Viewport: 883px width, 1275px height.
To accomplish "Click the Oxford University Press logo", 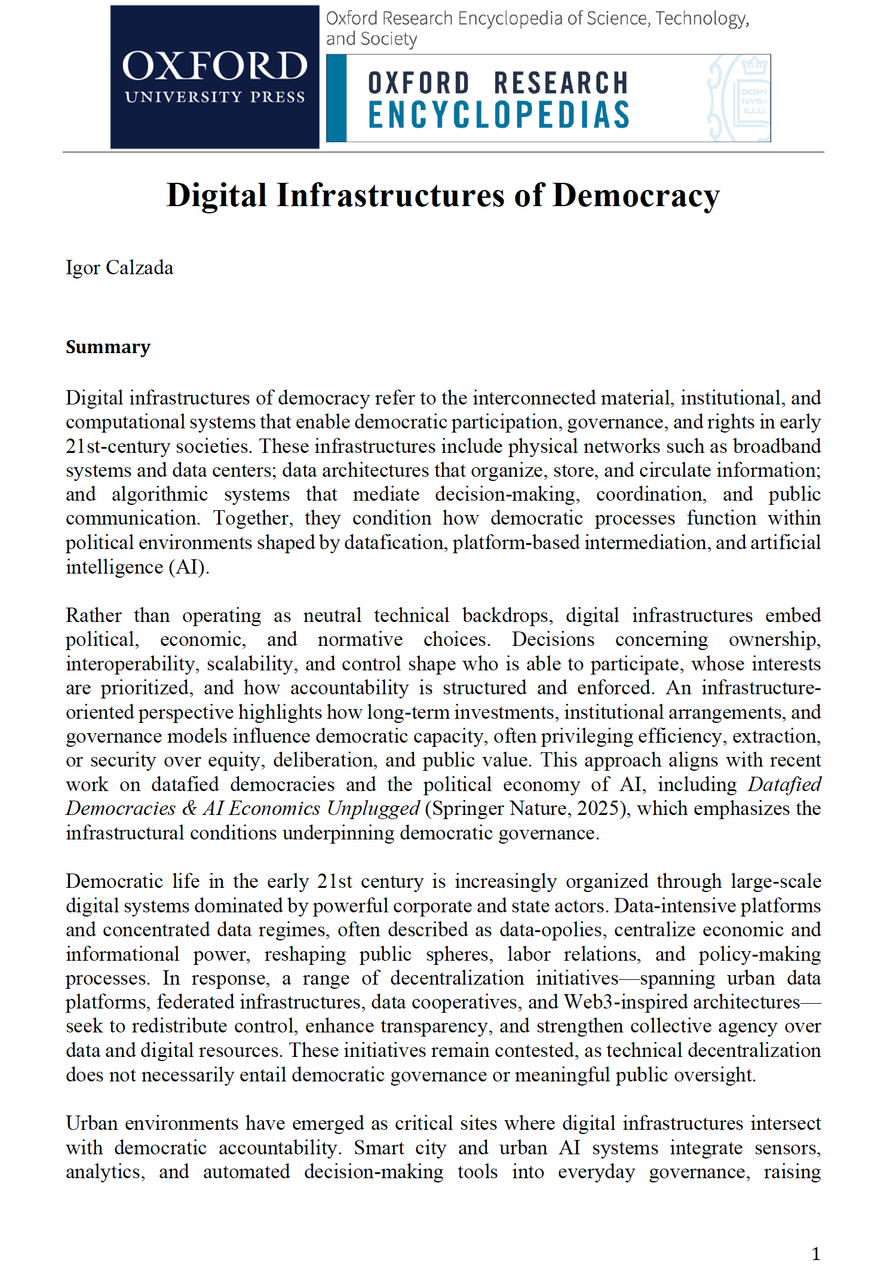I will click(214, 76).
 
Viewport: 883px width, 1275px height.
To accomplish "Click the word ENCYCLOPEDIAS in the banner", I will click(499, 115).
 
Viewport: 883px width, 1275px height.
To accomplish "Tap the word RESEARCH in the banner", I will click(561, 83).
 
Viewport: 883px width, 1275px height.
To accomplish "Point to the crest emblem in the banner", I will click(740, 98).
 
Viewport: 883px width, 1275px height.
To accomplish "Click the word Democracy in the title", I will click(636, 195).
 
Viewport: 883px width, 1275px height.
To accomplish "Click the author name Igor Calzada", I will click(119, 268).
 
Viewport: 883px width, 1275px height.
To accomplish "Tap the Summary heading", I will click(108, 347).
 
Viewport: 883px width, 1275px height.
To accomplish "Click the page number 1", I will click(815, 1253).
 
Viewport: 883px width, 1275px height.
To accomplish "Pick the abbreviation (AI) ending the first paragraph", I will click(189, 567).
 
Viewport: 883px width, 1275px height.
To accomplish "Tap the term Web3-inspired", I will click(620, 1002).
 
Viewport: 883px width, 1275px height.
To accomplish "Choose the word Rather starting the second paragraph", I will click(94, 615).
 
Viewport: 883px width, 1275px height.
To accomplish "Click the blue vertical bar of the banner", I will click(336, 98).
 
